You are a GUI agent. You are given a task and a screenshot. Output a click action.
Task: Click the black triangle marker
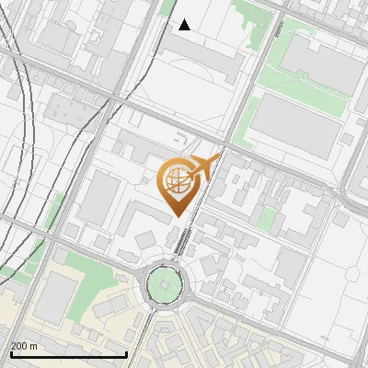(x=185, y=25)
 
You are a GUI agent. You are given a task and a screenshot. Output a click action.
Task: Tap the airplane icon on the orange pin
(x=203, y=167)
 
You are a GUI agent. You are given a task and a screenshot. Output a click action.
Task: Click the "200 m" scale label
(x=24, y=346)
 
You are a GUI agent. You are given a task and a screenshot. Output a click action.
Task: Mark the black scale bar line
(x=68, y=354)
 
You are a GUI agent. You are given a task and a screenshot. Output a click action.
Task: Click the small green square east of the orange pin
(x=268, y=220)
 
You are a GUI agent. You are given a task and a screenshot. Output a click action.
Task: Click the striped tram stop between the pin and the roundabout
(x=184, y=241)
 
